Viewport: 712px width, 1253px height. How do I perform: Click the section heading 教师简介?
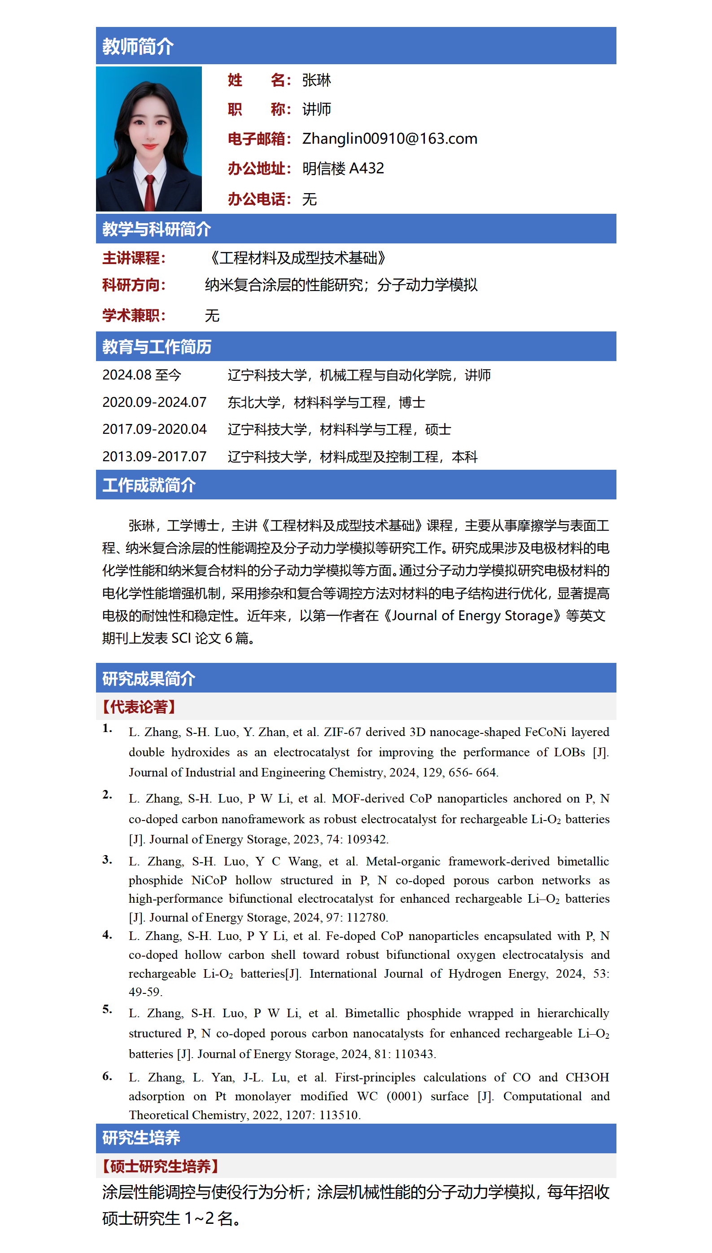point(137,47)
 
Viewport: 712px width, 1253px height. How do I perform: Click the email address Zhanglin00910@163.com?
point(389,139)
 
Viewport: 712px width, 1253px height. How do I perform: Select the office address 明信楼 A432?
point(343,169)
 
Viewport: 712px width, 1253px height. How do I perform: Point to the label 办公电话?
point(259,199)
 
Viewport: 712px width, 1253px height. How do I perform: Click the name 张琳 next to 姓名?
point(316,80)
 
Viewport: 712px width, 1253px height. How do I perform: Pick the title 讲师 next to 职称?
point(316,109)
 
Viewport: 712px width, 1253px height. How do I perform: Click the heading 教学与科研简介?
point(157,229)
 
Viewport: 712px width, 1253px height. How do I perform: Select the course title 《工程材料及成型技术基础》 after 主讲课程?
point(297,258)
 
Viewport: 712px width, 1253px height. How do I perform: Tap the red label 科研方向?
point(134,285)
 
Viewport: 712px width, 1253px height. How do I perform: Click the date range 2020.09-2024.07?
point(154,402)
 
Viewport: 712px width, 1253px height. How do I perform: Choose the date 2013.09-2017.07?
point(154,457)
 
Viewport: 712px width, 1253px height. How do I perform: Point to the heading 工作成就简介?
point(149,485)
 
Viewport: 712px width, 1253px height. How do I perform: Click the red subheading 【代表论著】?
point(138,707)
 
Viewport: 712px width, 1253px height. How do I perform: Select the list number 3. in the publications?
point(107,860)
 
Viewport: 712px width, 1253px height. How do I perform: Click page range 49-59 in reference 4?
point(145,992)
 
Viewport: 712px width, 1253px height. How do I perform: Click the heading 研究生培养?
point(141,1138)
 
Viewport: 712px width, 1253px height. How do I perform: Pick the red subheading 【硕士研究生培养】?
point(160,1166)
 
